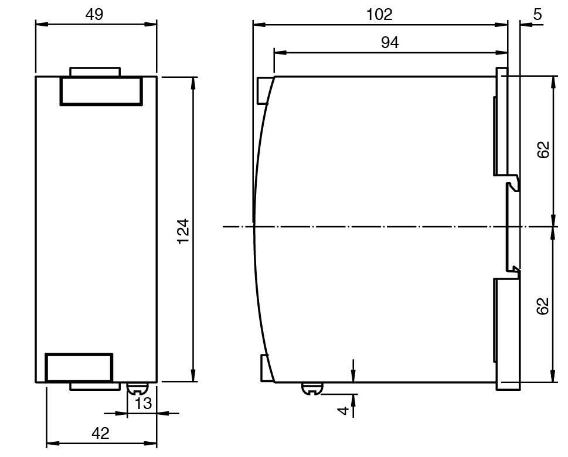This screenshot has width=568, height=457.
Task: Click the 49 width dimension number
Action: click(x=94, y=14)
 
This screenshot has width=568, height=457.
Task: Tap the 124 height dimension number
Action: click(x=183, y=231)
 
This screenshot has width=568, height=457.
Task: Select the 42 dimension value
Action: click(x=100, y=433)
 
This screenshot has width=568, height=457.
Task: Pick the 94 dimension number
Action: click(x=390, y=43)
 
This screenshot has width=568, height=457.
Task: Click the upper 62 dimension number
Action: click(x=543, y=149)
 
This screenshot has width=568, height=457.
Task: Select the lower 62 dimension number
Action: click(x=543, y=306)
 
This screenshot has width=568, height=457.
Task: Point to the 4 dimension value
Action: click(x=343, y=410)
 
